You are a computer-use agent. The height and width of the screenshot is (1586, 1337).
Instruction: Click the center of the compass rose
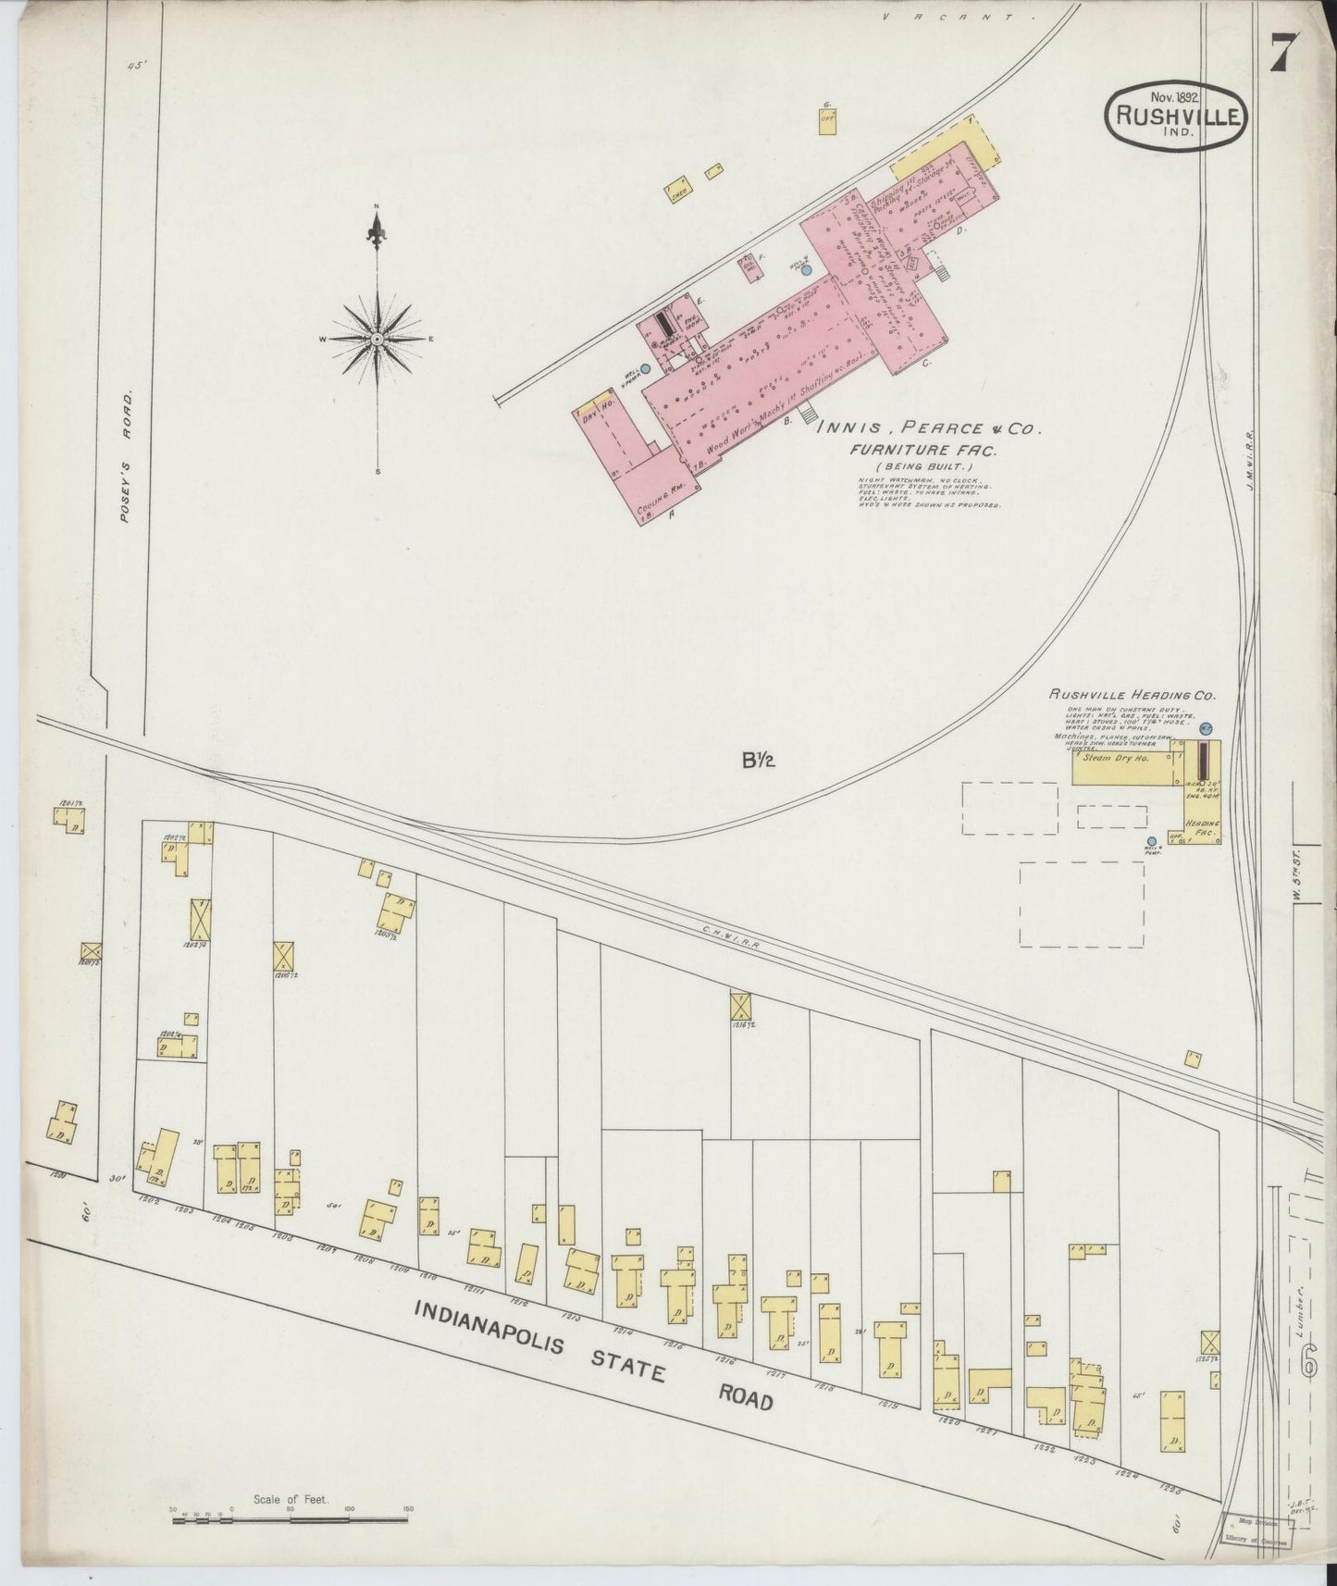coord(378,341)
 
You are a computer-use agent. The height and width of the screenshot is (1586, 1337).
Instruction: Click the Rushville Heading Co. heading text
coord(1133,694)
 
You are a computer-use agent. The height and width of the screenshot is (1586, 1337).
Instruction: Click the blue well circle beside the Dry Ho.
coord(646,368)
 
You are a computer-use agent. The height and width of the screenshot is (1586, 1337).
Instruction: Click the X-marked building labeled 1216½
coord(741,1005)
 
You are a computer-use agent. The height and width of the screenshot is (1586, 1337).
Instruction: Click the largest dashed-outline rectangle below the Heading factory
coord(1081,903)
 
